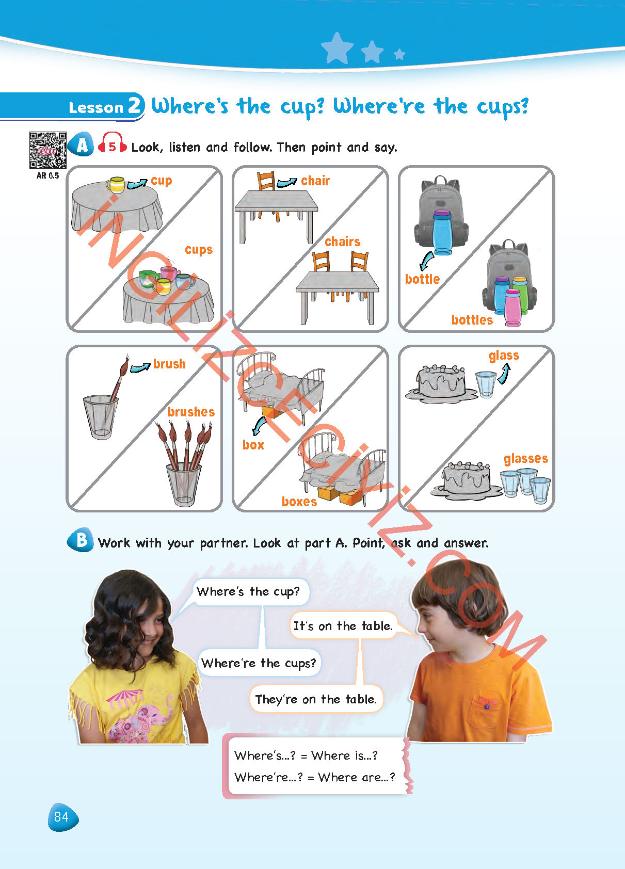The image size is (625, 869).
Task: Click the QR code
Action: [x=47, y=150]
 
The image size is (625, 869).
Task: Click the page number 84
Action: [x=62, y=817]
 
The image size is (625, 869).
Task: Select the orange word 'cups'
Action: [x=199, y=249]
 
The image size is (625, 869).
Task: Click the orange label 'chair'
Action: [x=315, y=181]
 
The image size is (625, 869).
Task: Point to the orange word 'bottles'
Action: [x=472, y=319]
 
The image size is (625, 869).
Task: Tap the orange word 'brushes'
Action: [x=191, y=412]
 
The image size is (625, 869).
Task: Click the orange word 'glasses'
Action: [x=526, y=459]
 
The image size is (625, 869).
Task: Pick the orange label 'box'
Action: [x=253, y=445]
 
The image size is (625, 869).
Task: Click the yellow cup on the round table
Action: [x=116, y=185]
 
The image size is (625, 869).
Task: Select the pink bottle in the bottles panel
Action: [x=512, y=308]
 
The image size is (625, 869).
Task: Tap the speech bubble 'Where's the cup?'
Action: [x=248, y=592]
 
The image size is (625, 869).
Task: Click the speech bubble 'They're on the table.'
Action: [x=316, y=699]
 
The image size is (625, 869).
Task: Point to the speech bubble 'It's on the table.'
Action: [x=343, y=626]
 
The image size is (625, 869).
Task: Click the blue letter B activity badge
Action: [x=81, y=540]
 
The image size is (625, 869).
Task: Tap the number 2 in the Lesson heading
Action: [x=135, y=105]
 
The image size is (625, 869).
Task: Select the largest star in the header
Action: [x=336, y=47]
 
